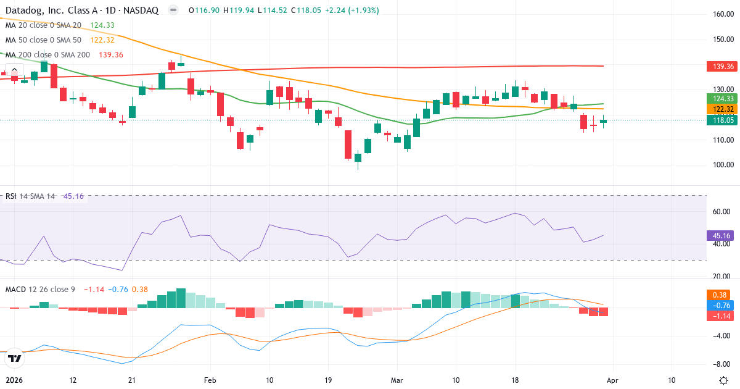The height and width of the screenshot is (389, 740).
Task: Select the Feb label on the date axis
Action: (x=211, y=380)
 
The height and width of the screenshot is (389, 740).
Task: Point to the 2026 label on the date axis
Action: (x=14, y=380)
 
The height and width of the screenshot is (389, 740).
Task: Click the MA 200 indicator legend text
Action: (x=48, y=55)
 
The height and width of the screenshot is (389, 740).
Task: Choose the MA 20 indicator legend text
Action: (x=43, y=25)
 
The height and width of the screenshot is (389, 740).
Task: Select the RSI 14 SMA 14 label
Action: (x=30, y=196)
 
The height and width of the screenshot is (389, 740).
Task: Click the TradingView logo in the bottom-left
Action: (x=14, y=358)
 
